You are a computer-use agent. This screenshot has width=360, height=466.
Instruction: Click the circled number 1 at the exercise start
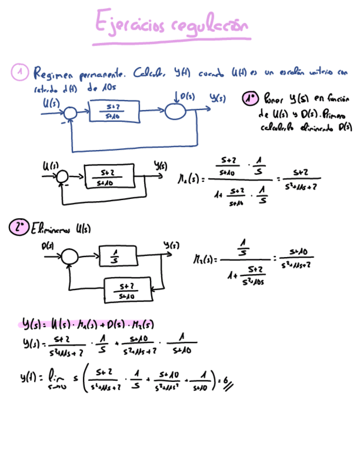pos(20,71)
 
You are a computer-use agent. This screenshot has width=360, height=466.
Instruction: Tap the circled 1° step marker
pos(250,99)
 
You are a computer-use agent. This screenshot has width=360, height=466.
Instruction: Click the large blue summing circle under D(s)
pos(176,110)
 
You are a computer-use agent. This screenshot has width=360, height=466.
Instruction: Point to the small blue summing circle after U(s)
pos(69,113)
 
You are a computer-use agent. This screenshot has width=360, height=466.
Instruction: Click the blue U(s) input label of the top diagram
pos(50,102)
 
